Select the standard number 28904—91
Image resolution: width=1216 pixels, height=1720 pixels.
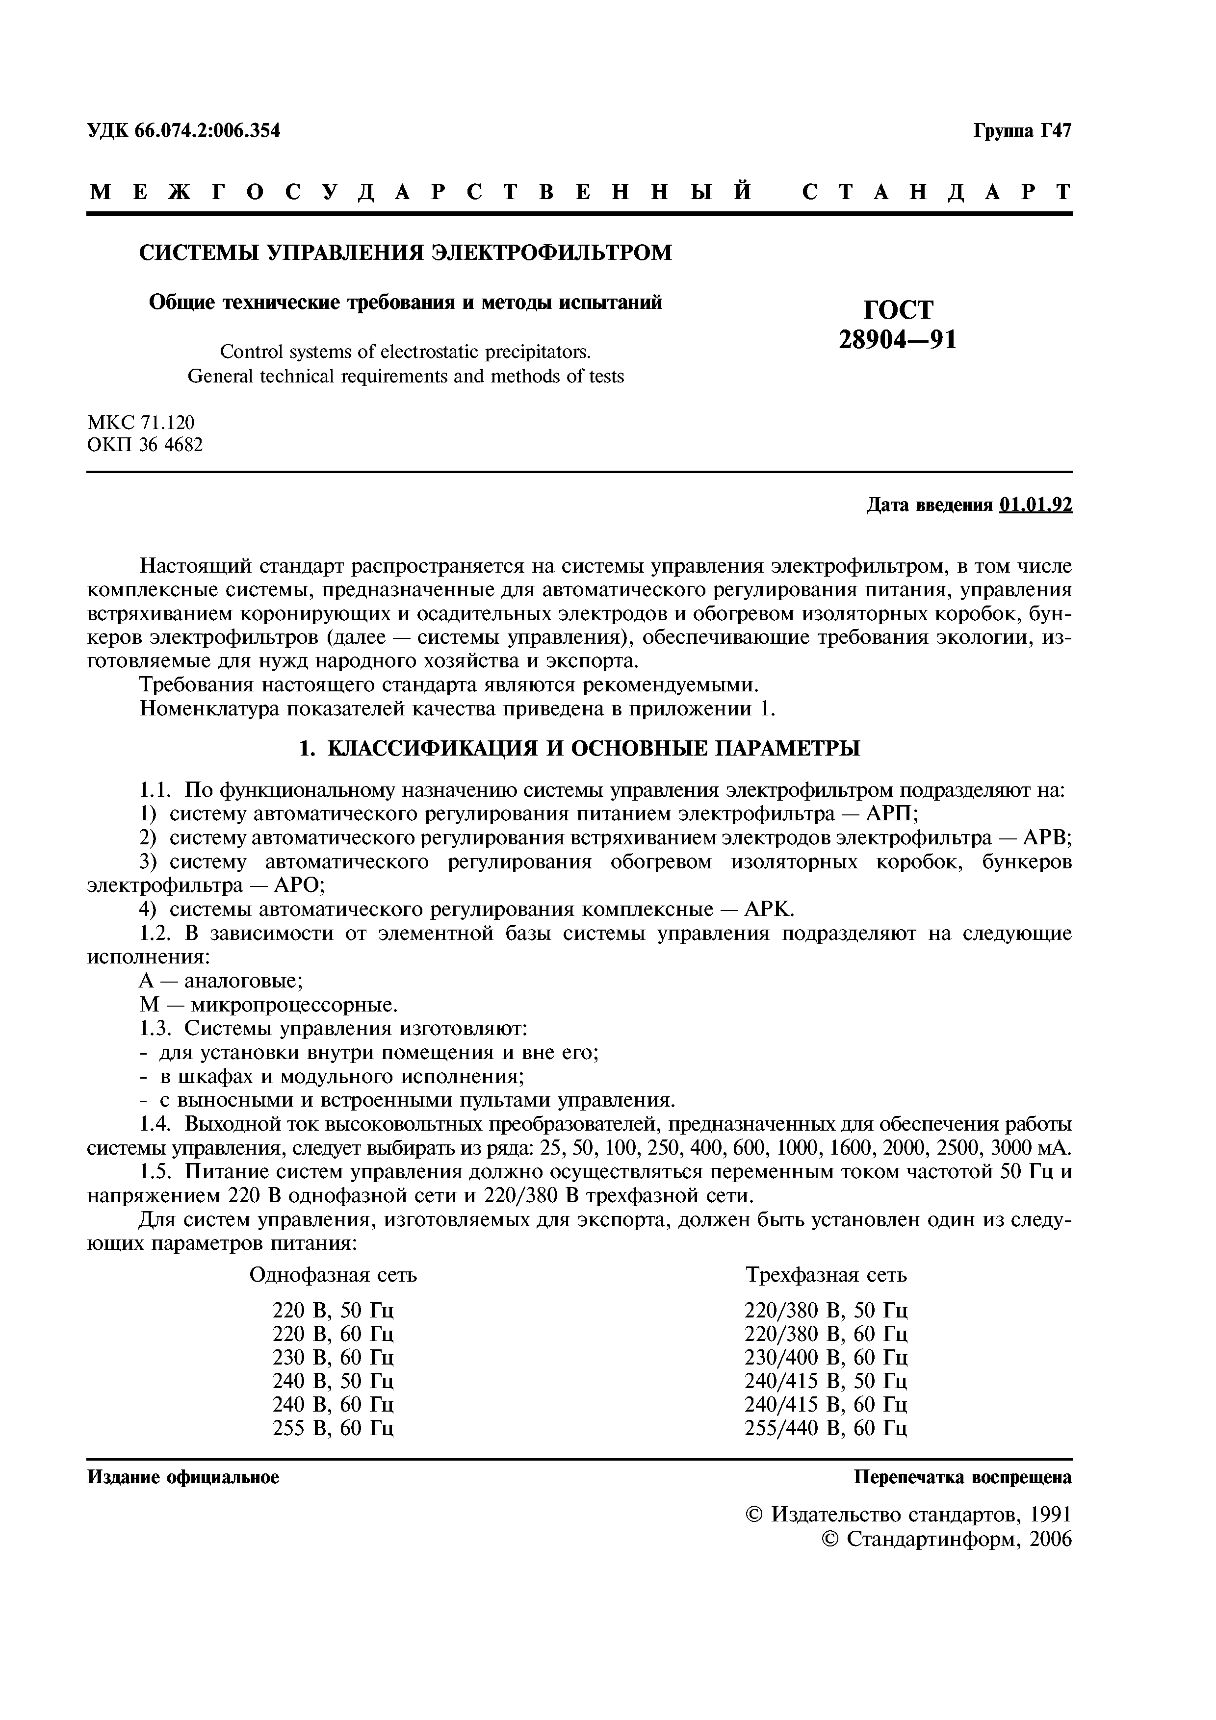click(x=898, y=341)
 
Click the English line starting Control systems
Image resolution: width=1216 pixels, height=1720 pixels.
click(x=405, y=352)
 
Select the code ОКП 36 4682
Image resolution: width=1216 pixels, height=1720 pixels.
click(x=145, y=445)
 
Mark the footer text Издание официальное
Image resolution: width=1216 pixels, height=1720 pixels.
click(x=183, y=1478)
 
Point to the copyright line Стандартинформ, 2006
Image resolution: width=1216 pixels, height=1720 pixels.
click(x=947, y=1540)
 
